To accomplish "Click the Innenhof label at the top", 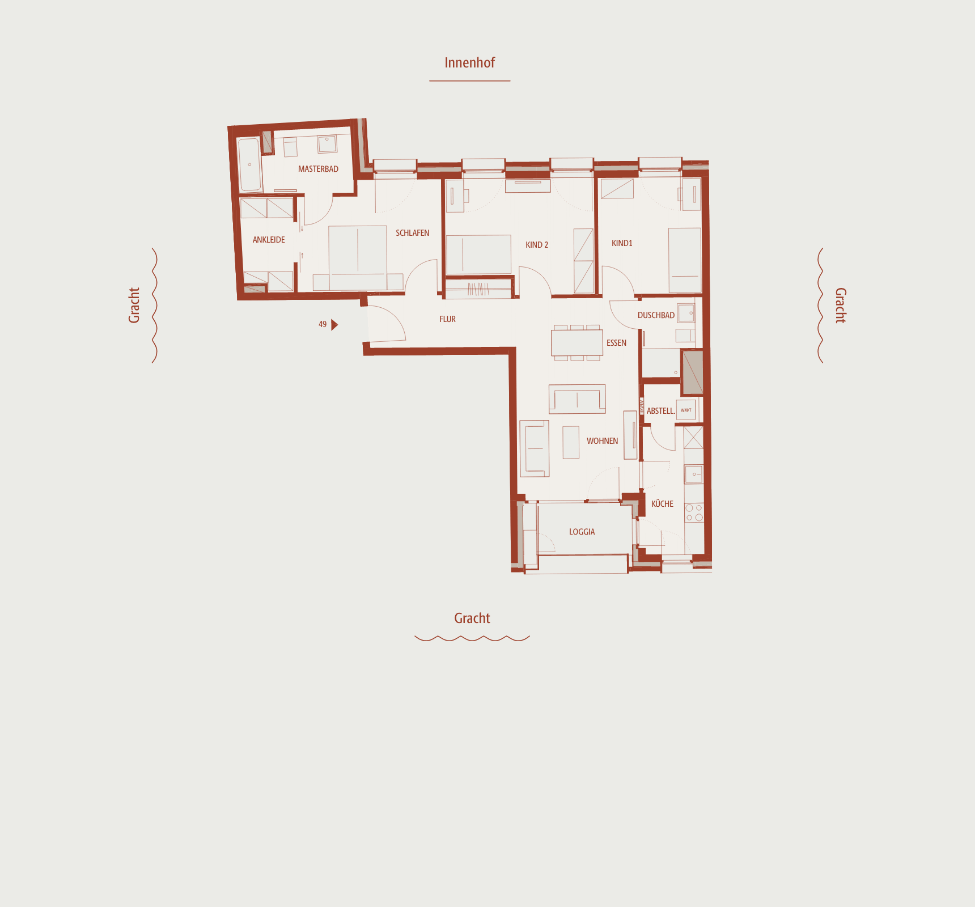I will (469, 63).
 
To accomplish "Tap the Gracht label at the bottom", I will (472, 618).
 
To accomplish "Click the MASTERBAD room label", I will (318, 169).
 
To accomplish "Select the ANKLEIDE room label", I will (269, 240).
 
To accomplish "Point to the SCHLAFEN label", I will (412, 233).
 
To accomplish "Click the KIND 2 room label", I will (536, 245).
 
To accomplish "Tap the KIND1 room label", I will (622, 243).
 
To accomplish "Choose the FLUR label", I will (447, 319).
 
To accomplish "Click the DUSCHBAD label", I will (656, 315).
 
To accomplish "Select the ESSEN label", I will (616, 343).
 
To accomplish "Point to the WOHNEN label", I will (602, 441).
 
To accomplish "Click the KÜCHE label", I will (662, 504).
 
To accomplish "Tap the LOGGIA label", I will (582, 532).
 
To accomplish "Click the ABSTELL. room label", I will (660, 411).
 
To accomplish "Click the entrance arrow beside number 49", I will (334, 325).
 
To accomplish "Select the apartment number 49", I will (323, 325).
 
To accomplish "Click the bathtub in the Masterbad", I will (249, 164).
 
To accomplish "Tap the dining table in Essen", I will (576, 342).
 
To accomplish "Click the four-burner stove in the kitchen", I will (694, 512).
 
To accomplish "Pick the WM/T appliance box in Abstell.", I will (686, 410).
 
